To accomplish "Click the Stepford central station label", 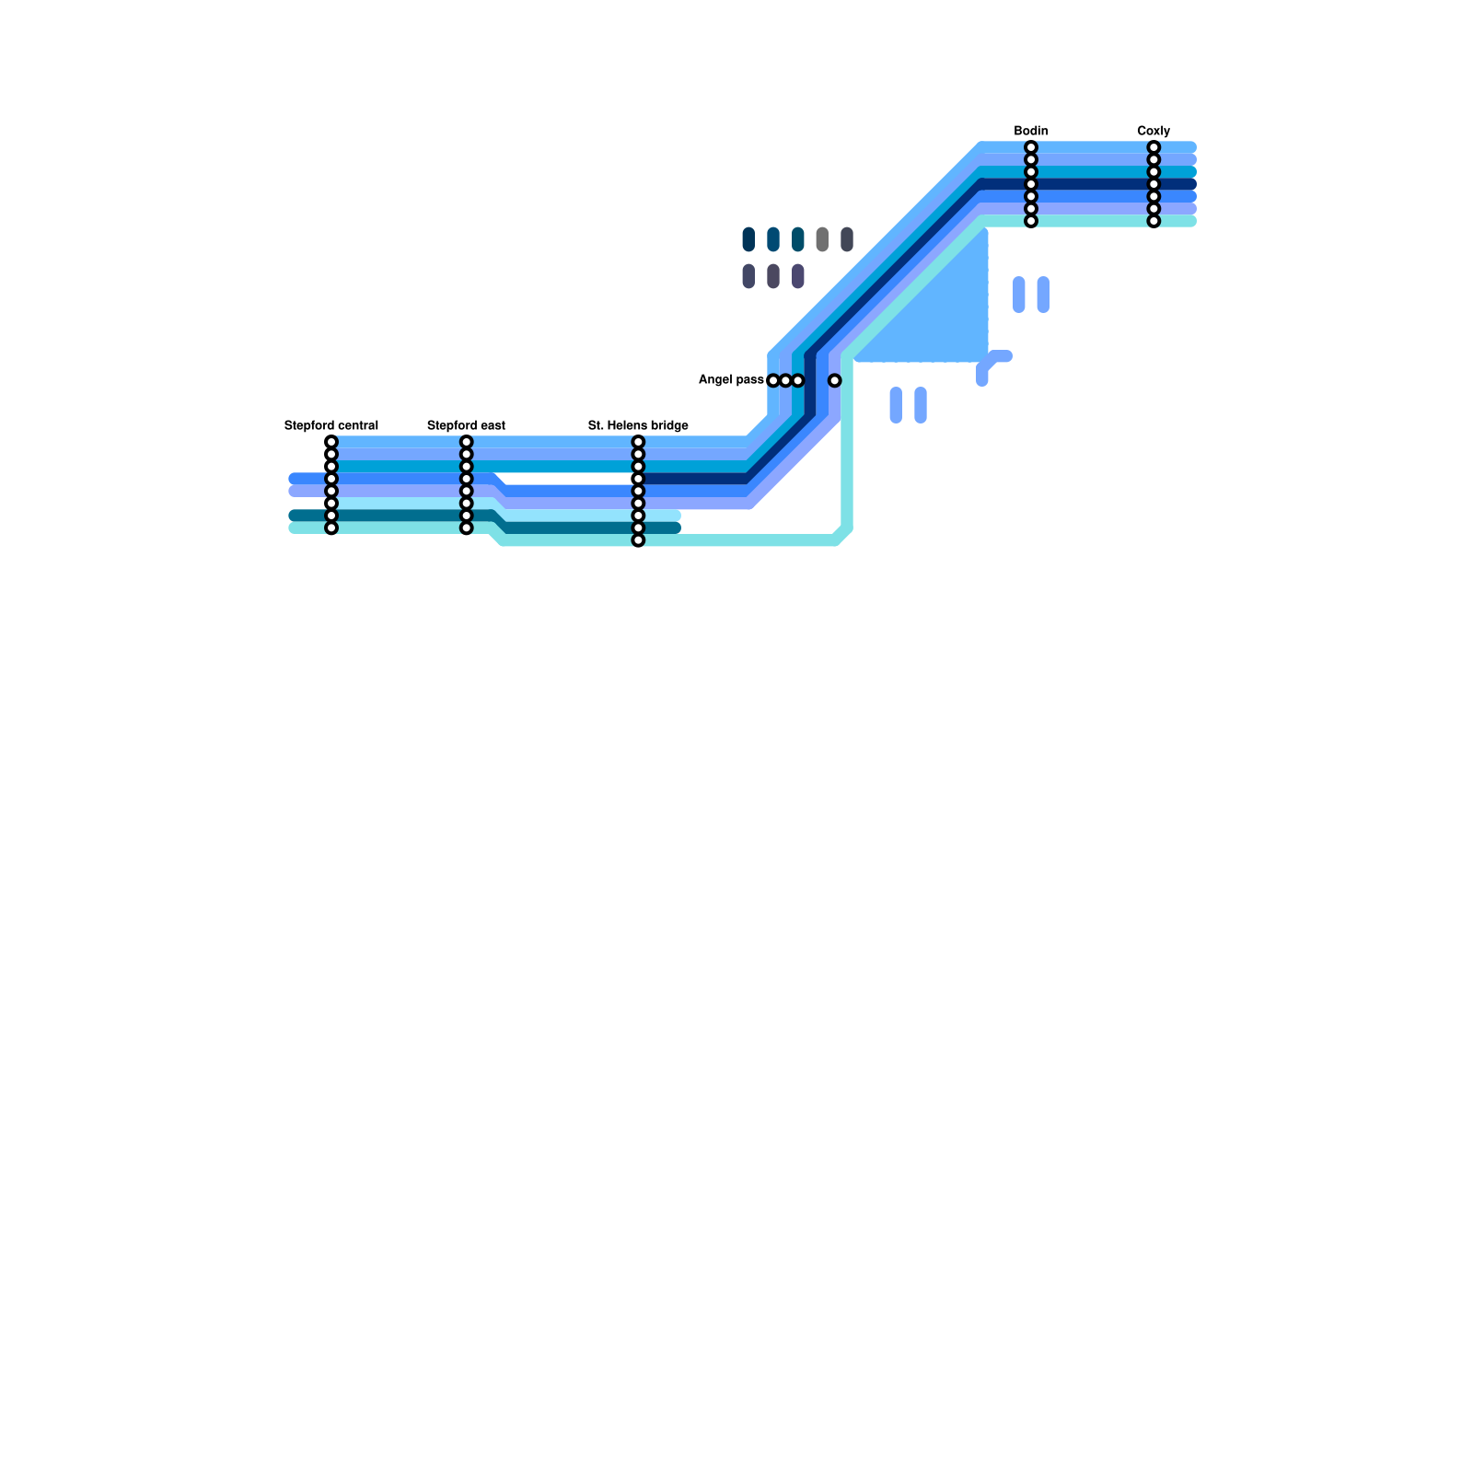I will tap(331, 425).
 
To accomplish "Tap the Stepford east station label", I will tap(466, 425).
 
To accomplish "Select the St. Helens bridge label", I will tap(638, 425).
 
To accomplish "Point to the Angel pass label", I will tap(731, 379).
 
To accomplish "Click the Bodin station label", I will tap(1031, 131).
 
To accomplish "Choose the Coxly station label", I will tap(1154, 131).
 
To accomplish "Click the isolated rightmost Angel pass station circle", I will tap(834, 380).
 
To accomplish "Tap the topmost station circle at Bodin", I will tap(1031, 147).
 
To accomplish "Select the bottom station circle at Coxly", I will tap(1154, 221).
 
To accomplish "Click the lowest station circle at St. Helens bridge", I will tap(638, 540).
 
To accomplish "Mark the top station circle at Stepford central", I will tap(331, 442).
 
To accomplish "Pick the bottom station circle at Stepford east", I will tap(467, 528).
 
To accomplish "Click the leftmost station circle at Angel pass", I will tap(773, 380).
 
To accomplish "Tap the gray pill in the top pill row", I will tap(822, 239).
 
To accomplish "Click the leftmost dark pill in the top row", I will tap(748, 239).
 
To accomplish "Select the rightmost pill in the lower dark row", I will tap(798, 276).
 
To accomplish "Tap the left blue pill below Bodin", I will tap(1019, 295).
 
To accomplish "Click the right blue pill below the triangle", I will tap(921, 405).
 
